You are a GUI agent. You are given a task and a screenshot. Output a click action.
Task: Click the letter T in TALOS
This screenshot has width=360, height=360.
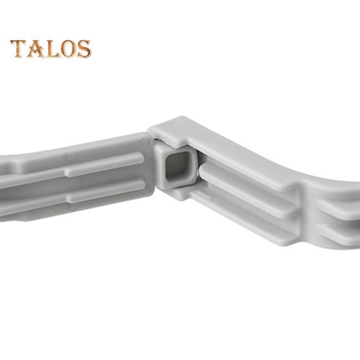18,48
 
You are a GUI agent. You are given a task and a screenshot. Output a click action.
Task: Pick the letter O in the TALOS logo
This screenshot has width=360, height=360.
69,48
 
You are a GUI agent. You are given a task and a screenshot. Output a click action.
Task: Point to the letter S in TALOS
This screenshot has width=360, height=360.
84,48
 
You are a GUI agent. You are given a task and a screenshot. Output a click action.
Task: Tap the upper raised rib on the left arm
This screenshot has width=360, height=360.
105,164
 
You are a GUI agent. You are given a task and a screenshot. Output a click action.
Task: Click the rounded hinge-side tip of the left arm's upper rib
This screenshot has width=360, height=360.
142,158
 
